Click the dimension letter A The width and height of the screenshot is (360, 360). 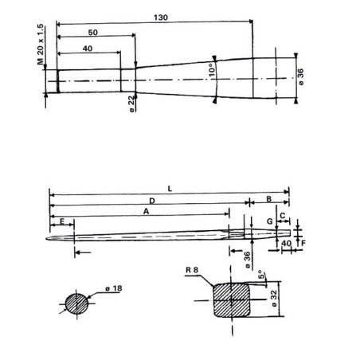[x=146, y=213]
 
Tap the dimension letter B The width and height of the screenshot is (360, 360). [x=268, y=200]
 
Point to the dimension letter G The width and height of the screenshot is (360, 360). [x=270, y=221]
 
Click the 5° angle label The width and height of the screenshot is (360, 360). [x=262, y=276]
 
